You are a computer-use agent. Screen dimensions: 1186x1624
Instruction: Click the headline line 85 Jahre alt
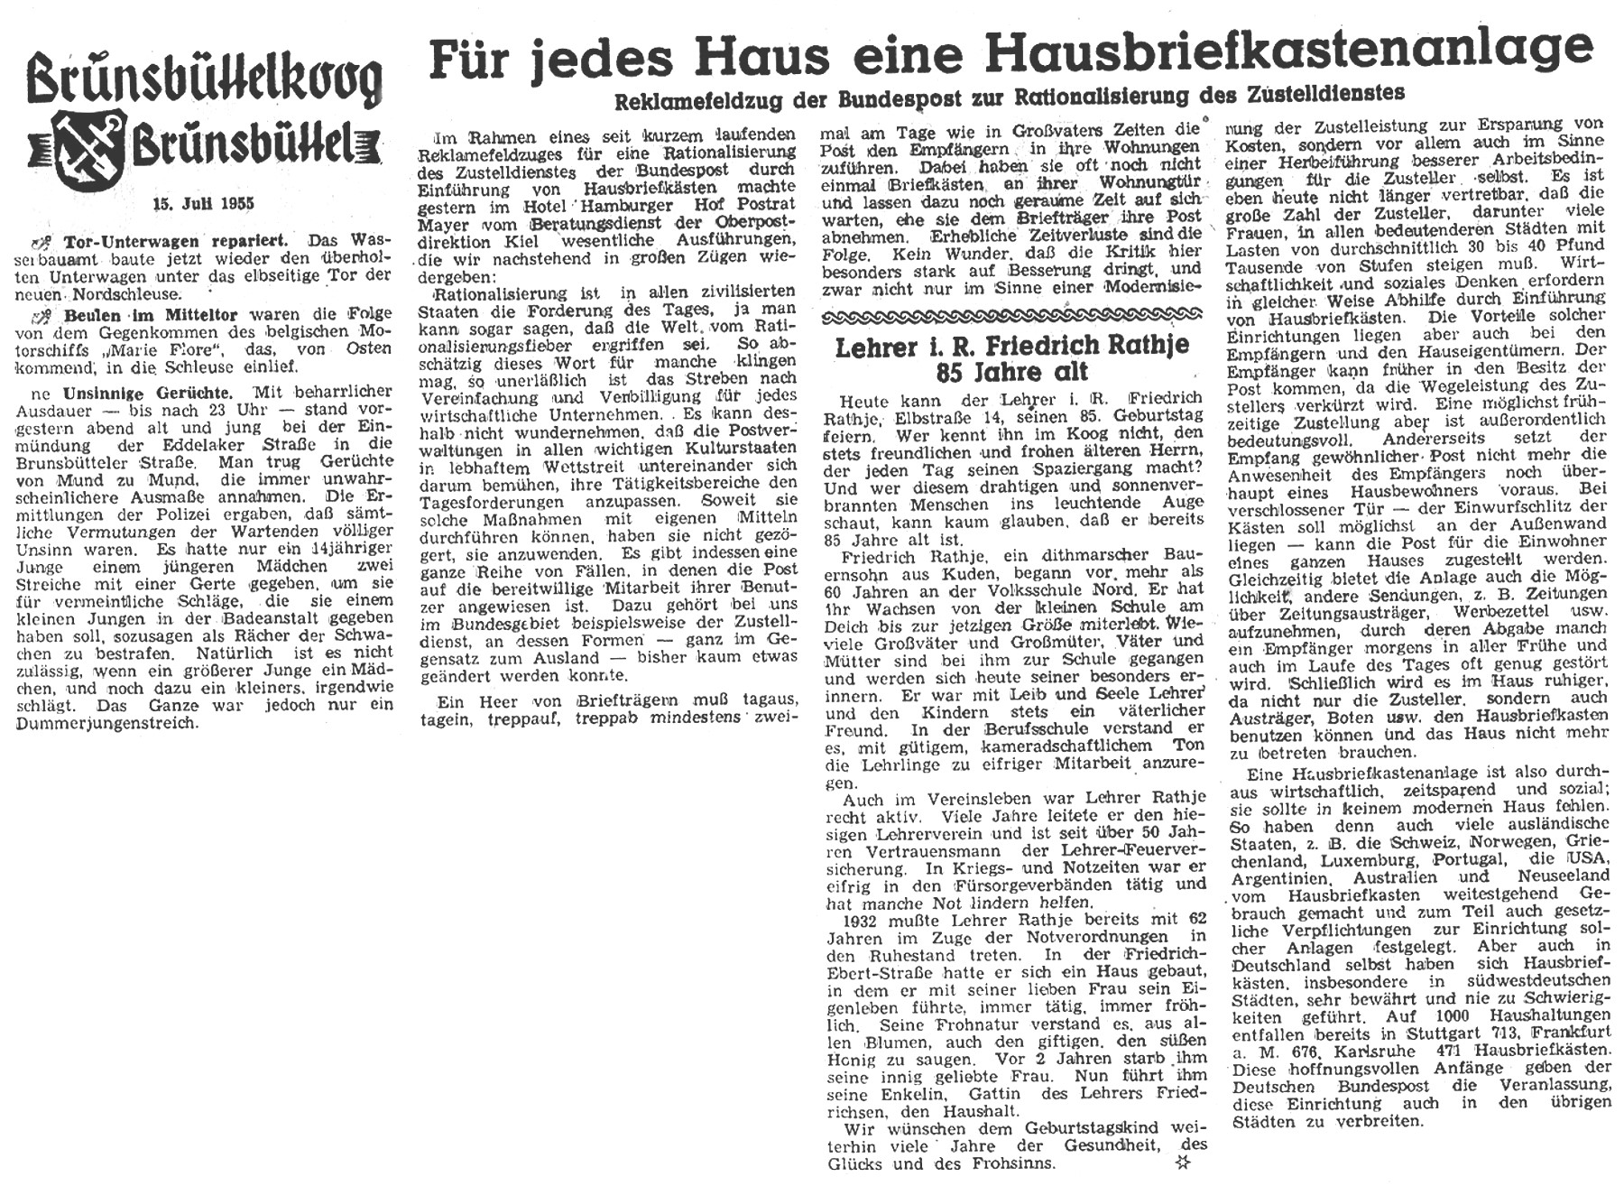click(1012, 371)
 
